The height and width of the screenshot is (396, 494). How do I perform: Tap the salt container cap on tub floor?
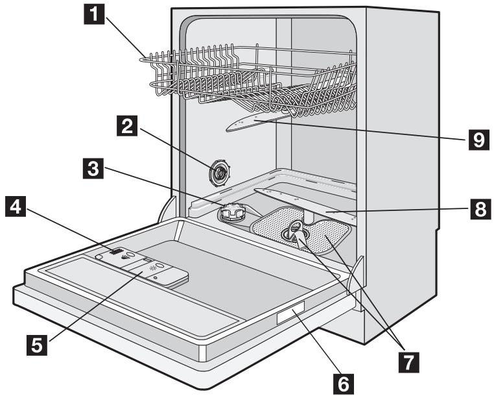pyautogui.click(x=232, y=212)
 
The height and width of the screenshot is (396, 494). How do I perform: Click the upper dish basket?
pyautogui.click(x=253, y=75)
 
